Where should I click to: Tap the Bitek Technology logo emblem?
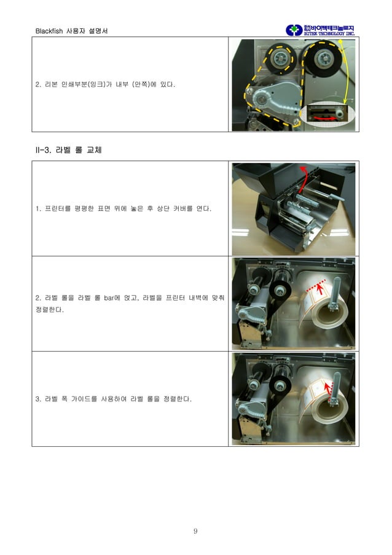[294, 30]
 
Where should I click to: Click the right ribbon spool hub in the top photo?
[321, 61]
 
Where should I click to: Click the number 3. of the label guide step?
[38, 399]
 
